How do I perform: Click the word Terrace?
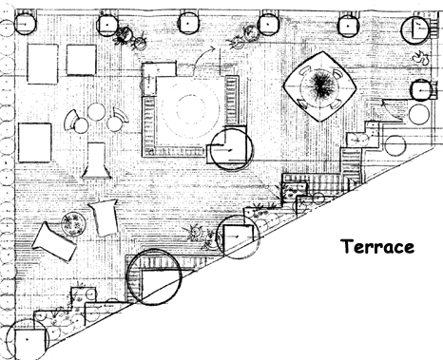377,246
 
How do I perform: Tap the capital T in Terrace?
347,246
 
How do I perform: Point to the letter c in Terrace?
395,248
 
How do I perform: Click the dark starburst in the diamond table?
320,86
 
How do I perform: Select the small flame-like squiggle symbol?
421,58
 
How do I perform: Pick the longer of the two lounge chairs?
54,241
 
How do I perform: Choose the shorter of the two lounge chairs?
104,218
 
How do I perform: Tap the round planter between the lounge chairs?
73,224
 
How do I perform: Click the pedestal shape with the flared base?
96,161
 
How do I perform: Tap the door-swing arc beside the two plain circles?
393,110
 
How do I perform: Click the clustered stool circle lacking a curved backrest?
96,111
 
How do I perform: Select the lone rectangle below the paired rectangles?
35,142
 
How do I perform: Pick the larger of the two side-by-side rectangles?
43,64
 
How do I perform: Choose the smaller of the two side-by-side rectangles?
81,60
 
